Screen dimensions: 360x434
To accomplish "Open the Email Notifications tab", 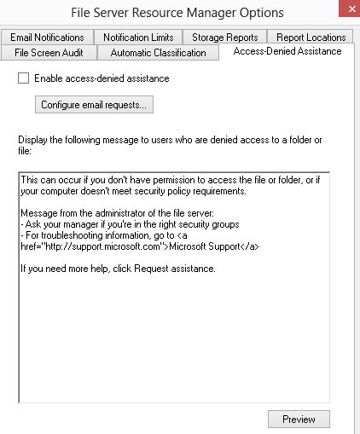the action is click(x=47, y=38).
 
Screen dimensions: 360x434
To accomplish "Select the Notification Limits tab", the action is click(x=138, y=38).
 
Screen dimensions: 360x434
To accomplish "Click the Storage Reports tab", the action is click(x=226, y=38).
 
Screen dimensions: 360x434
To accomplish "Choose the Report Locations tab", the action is click(x=311, y=38).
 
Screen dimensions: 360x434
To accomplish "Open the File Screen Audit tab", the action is click(x=50, y=53).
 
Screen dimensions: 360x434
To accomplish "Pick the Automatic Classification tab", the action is click(x=164, y=53).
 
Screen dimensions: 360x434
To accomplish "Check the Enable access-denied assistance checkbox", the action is click(x=23, y=78).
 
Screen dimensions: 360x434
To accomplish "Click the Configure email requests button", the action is click(x=94, y=105).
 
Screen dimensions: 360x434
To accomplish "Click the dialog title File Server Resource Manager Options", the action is click(x=178, y=13).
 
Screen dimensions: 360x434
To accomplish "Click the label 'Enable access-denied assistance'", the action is click(x=101, y=78).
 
